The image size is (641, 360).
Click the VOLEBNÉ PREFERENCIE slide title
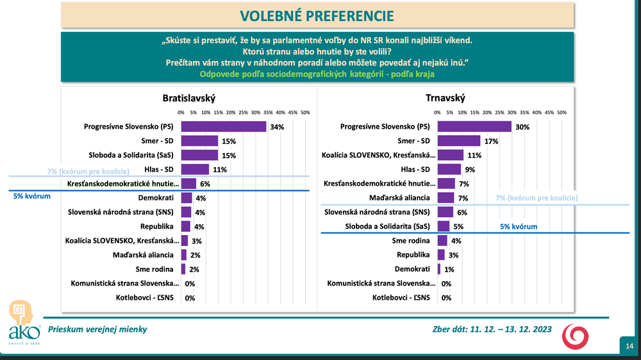(317, 15)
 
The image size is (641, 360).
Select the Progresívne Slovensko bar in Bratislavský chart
(224, 126)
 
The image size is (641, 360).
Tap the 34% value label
(277, 127)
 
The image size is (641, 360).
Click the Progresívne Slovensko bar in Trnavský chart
(474, 126)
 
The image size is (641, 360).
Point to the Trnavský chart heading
(445, 98)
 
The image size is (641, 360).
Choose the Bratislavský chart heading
(188, 98)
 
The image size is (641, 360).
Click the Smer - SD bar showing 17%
(458, 140)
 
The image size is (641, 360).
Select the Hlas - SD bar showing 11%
(195, 169)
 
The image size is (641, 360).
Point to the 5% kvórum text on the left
(31, 197)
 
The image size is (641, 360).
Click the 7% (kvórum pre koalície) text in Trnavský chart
(537, 199)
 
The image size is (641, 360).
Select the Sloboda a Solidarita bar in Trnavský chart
(443, 226)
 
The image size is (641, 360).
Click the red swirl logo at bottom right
(575, 336)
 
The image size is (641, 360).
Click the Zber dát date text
(492, 330)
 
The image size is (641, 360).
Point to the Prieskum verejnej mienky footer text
(98, 329)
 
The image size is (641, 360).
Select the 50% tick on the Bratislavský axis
(305, 113)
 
